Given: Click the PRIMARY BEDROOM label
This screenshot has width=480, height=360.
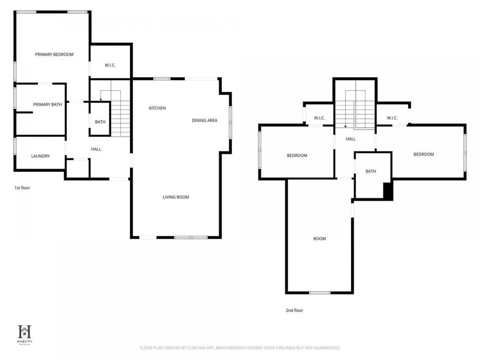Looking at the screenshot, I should coord(54,54).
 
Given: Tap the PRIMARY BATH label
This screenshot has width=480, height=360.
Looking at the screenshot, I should coord(47,105).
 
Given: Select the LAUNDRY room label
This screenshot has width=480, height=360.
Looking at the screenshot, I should coord(41,156).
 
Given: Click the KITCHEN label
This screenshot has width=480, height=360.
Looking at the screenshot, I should coord(157,108).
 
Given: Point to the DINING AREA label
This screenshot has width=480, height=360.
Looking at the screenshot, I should coord(205,121).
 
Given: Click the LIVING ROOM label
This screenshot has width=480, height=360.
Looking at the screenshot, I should coord(176,197).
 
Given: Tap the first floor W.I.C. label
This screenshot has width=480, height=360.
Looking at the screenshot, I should coord(109,66).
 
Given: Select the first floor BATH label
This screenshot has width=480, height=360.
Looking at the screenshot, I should coord(100,122).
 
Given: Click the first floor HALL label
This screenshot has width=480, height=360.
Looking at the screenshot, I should coord(96,149).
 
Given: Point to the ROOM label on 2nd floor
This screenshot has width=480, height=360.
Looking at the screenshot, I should coord(319,239).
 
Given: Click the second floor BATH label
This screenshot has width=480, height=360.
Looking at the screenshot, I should coord(371,171).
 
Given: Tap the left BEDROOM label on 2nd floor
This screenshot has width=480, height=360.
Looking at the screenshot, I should coord(297,156).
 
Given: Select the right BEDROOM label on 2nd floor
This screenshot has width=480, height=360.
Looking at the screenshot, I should coord(423,154).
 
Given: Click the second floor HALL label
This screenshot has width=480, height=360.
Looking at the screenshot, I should coord(350,139).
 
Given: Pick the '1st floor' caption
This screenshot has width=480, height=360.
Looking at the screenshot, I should coord(22,188).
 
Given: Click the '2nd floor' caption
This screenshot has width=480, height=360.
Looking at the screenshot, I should coord(294,310).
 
